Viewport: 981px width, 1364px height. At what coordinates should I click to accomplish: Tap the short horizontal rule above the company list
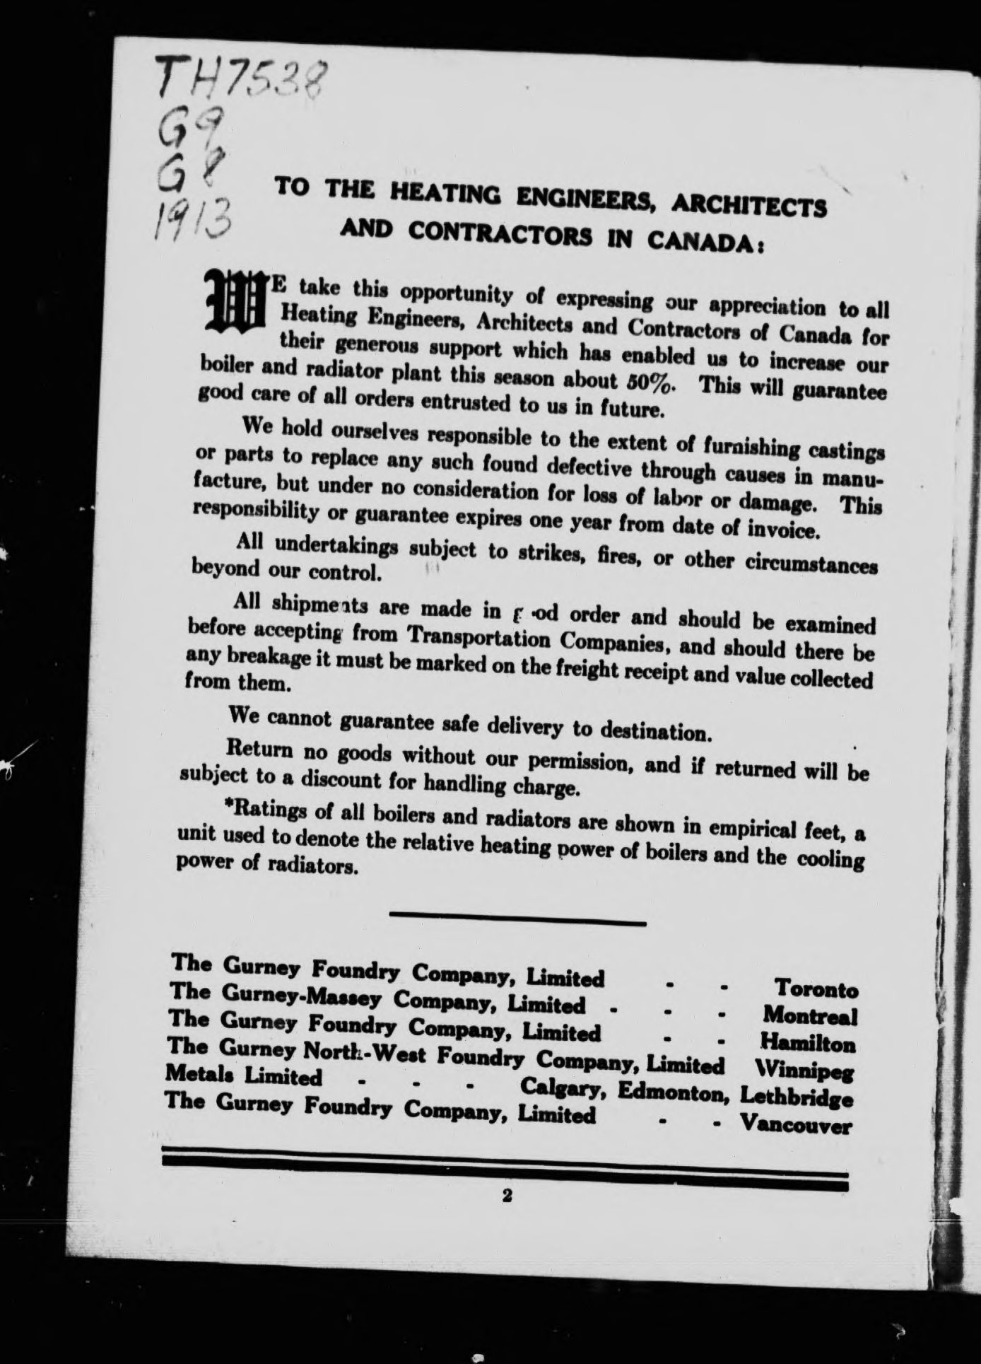(517, 921)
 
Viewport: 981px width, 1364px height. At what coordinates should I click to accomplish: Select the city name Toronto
(816, 988)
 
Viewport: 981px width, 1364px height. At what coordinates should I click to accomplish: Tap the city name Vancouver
(794, 1124)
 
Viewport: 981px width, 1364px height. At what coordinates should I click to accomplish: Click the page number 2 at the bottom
(506, 1196)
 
